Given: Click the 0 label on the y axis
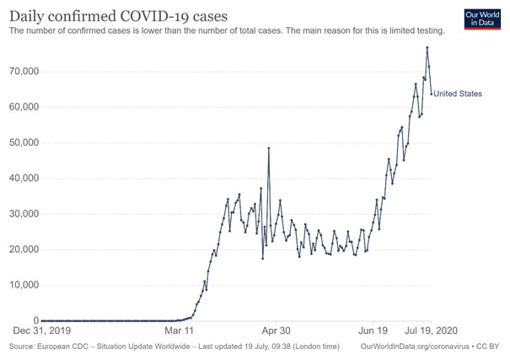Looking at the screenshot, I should point(35,320).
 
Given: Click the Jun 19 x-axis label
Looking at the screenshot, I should point(373,331).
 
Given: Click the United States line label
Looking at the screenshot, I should point(458,94).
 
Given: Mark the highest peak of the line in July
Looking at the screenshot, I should point(427,47).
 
